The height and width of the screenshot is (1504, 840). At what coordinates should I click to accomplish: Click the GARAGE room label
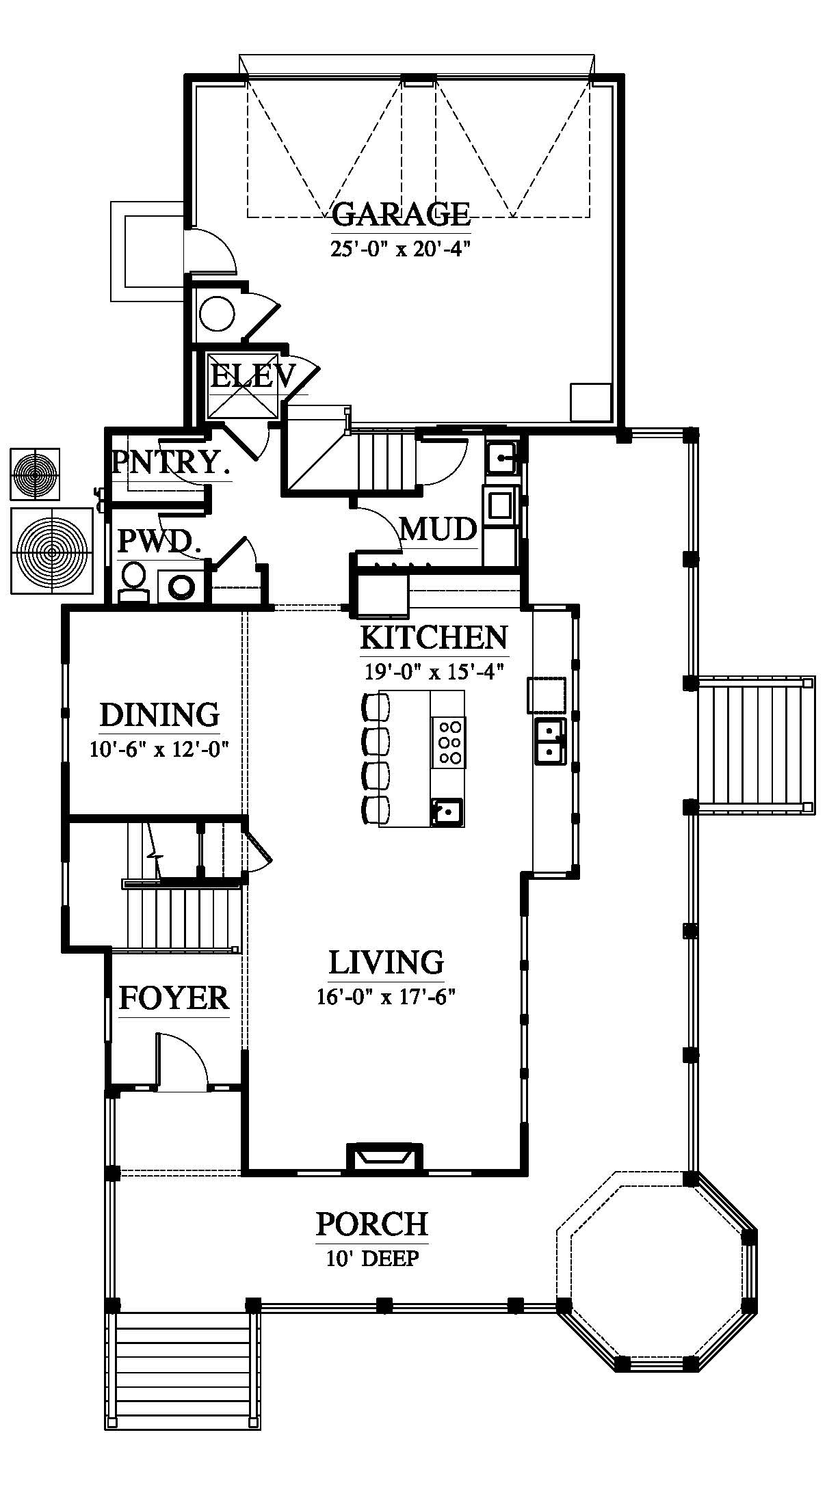[x=402, y=214]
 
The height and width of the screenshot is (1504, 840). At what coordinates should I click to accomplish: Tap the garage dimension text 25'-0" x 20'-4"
[x=402, y=248]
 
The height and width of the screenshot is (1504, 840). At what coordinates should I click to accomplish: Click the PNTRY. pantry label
[x=170, y=463]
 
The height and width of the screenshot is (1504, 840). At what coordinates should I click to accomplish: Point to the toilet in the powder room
[x=133, y=580]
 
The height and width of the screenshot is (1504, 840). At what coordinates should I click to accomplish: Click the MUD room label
[x=438, y=528]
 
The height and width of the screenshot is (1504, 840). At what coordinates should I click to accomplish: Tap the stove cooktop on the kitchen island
[x=449, y=742]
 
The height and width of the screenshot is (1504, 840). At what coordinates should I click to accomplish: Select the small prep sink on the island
[x=447, y=812]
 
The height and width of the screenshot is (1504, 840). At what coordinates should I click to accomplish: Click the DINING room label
[x=159, y=715]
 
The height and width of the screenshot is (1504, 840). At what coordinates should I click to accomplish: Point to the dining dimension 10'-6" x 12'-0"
[x=158, y=749]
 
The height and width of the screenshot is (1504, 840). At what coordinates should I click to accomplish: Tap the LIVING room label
[x=386, y=962]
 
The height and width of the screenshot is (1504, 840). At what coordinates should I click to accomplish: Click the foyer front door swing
[x=182, y=1059]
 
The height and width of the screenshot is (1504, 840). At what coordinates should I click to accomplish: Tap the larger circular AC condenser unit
[x=52, y=550]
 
